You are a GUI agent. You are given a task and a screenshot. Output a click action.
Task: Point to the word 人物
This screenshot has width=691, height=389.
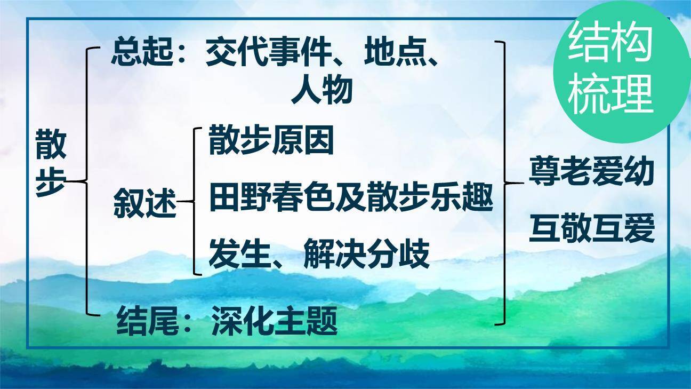[322, 91]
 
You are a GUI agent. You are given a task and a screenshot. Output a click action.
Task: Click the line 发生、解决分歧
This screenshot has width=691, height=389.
[319, 255]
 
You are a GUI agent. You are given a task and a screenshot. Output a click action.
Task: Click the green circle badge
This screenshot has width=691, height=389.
[613, 72]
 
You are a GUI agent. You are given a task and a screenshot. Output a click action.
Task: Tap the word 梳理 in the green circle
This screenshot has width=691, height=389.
[610, 95]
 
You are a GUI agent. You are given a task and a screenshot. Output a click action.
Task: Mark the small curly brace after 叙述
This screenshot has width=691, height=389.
[195, 202]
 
